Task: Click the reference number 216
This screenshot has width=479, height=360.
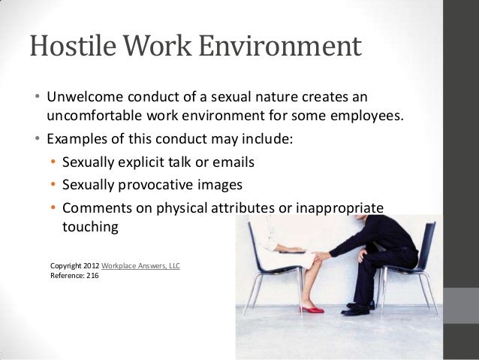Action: point(92,276)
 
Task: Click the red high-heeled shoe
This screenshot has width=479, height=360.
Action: point(312,307)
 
